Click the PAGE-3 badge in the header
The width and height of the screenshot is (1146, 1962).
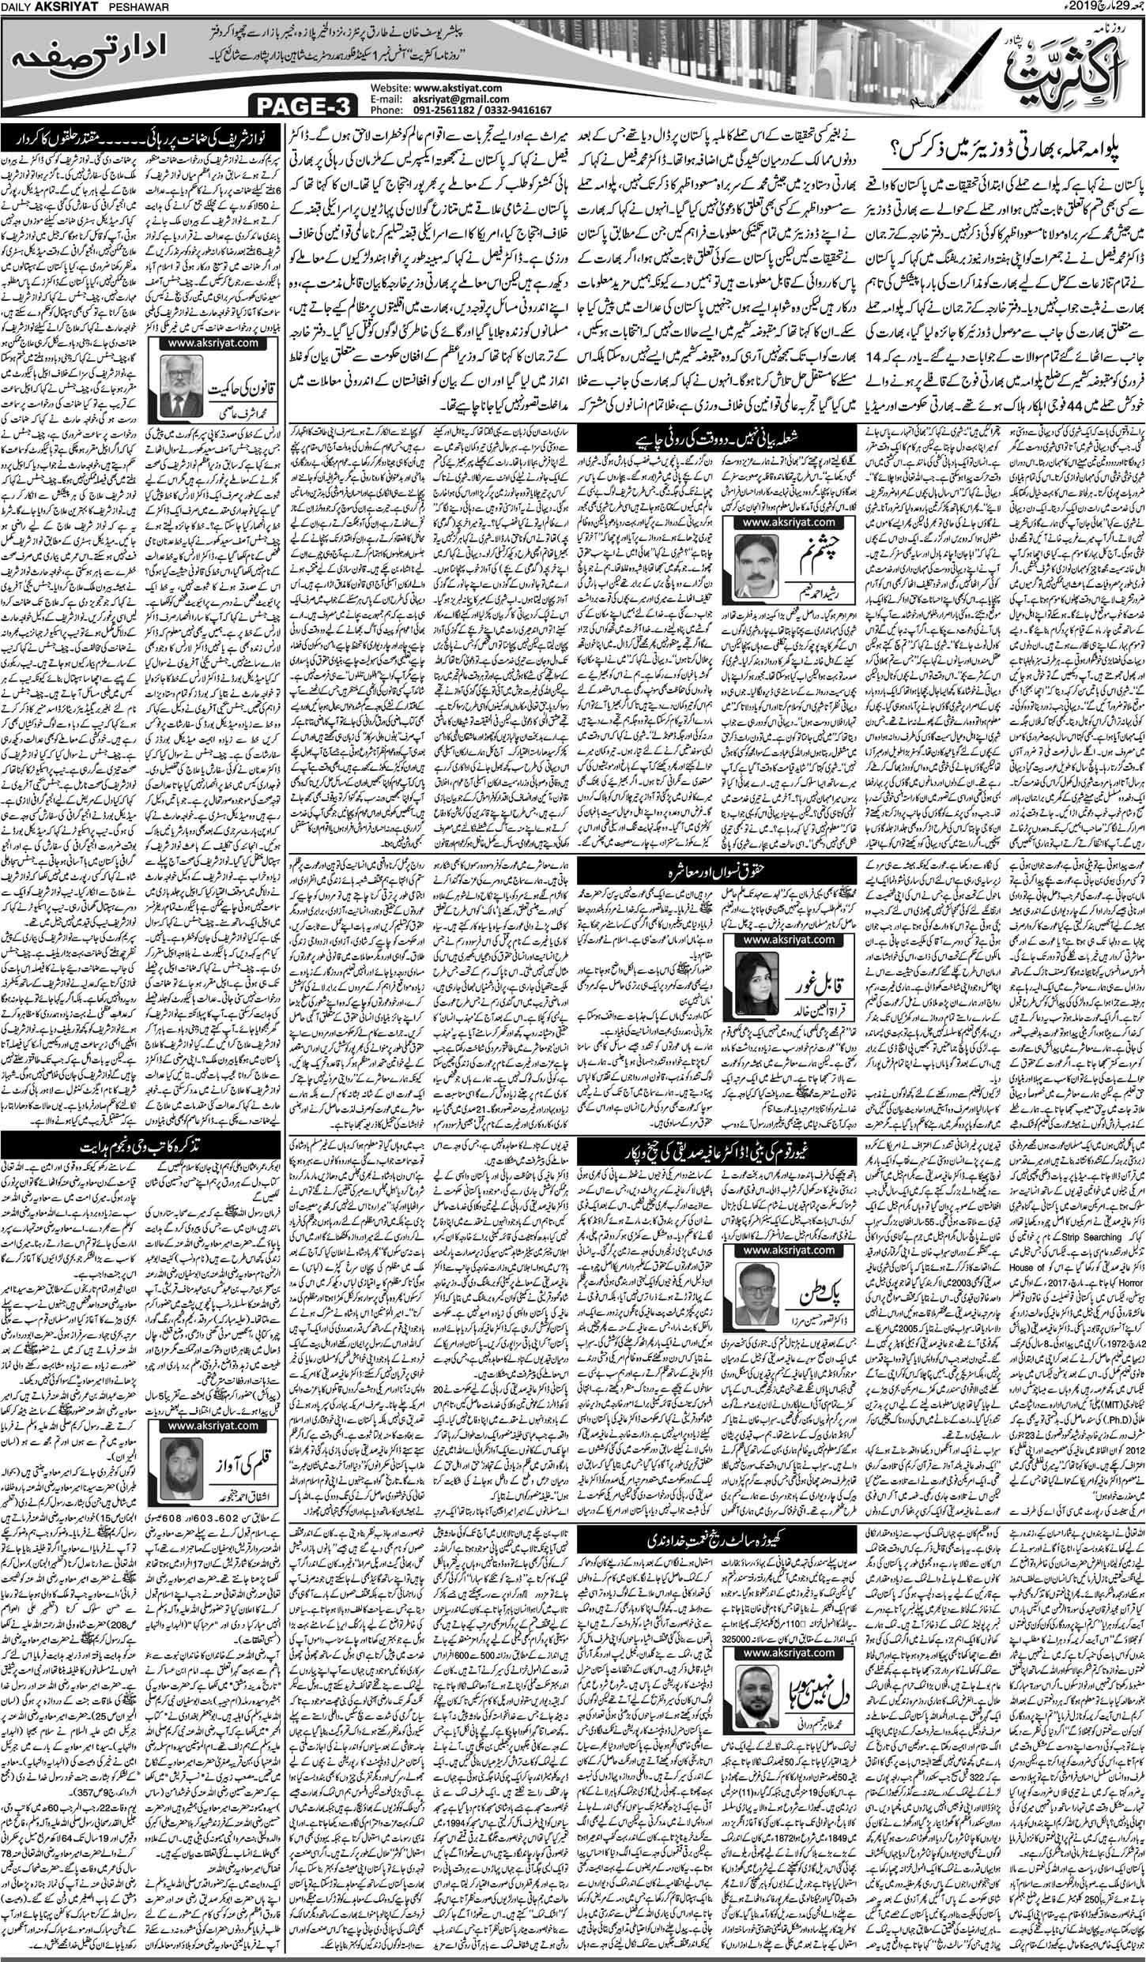(301, 103)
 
